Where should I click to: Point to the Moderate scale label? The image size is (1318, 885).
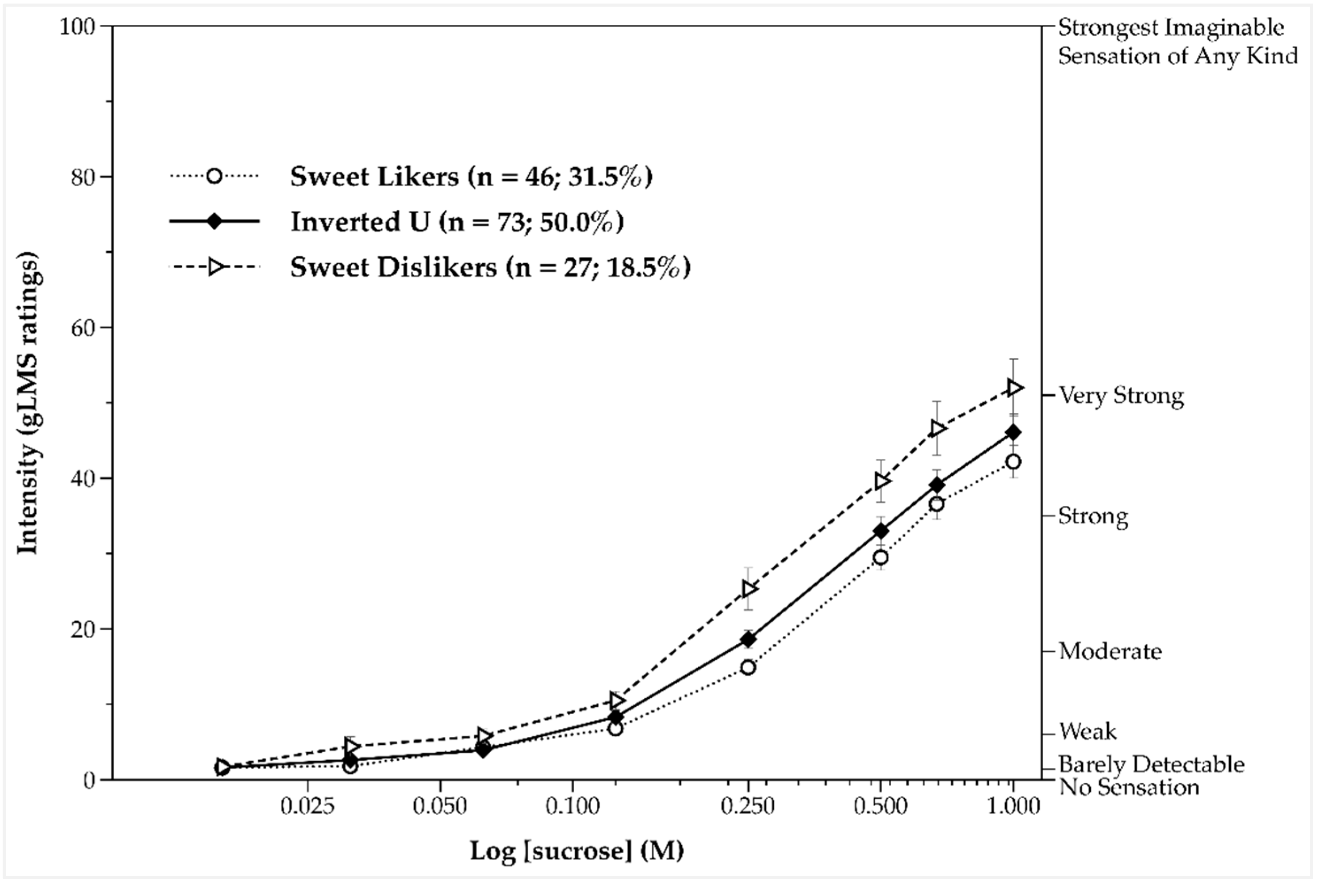[1110, 651]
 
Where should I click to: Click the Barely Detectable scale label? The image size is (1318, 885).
[1151, 764]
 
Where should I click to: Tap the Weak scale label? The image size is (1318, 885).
[1087, 731]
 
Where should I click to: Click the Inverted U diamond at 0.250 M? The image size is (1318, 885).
[748, 639]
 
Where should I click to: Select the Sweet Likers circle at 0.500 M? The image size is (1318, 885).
[880, 558]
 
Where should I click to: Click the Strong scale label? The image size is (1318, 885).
[1093, 516]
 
